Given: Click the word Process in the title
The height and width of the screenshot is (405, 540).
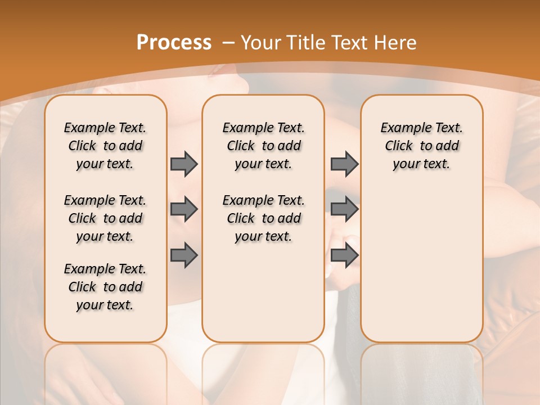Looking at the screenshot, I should coord(174,43).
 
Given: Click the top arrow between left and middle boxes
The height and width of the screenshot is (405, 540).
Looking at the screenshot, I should coord(184,164).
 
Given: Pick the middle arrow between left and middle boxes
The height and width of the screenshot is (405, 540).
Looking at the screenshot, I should coord(184,209).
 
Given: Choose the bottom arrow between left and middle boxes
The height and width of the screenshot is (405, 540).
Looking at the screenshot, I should coord(184,255).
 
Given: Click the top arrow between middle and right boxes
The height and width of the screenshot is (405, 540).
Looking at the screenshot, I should coord(344,164).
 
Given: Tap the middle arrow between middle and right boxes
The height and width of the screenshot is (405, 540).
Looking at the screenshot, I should coord(344,209).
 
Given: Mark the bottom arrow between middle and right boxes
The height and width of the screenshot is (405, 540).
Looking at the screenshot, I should coord(344,255).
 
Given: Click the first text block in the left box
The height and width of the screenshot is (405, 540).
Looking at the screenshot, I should coord(105,146).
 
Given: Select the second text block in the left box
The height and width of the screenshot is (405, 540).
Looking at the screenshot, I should coord(105,218).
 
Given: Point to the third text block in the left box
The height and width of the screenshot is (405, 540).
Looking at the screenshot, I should coord(105,287).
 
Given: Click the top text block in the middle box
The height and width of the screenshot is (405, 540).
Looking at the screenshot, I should coord(263,146).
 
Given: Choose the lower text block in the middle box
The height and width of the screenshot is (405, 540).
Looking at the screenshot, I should coord(263,218).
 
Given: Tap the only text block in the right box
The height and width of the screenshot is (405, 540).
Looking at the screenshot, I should coord(421,146).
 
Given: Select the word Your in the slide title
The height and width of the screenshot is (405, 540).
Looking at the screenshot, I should coord(259,43).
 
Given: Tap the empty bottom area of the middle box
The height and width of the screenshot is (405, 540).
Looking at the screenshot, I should coord(263,298).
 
